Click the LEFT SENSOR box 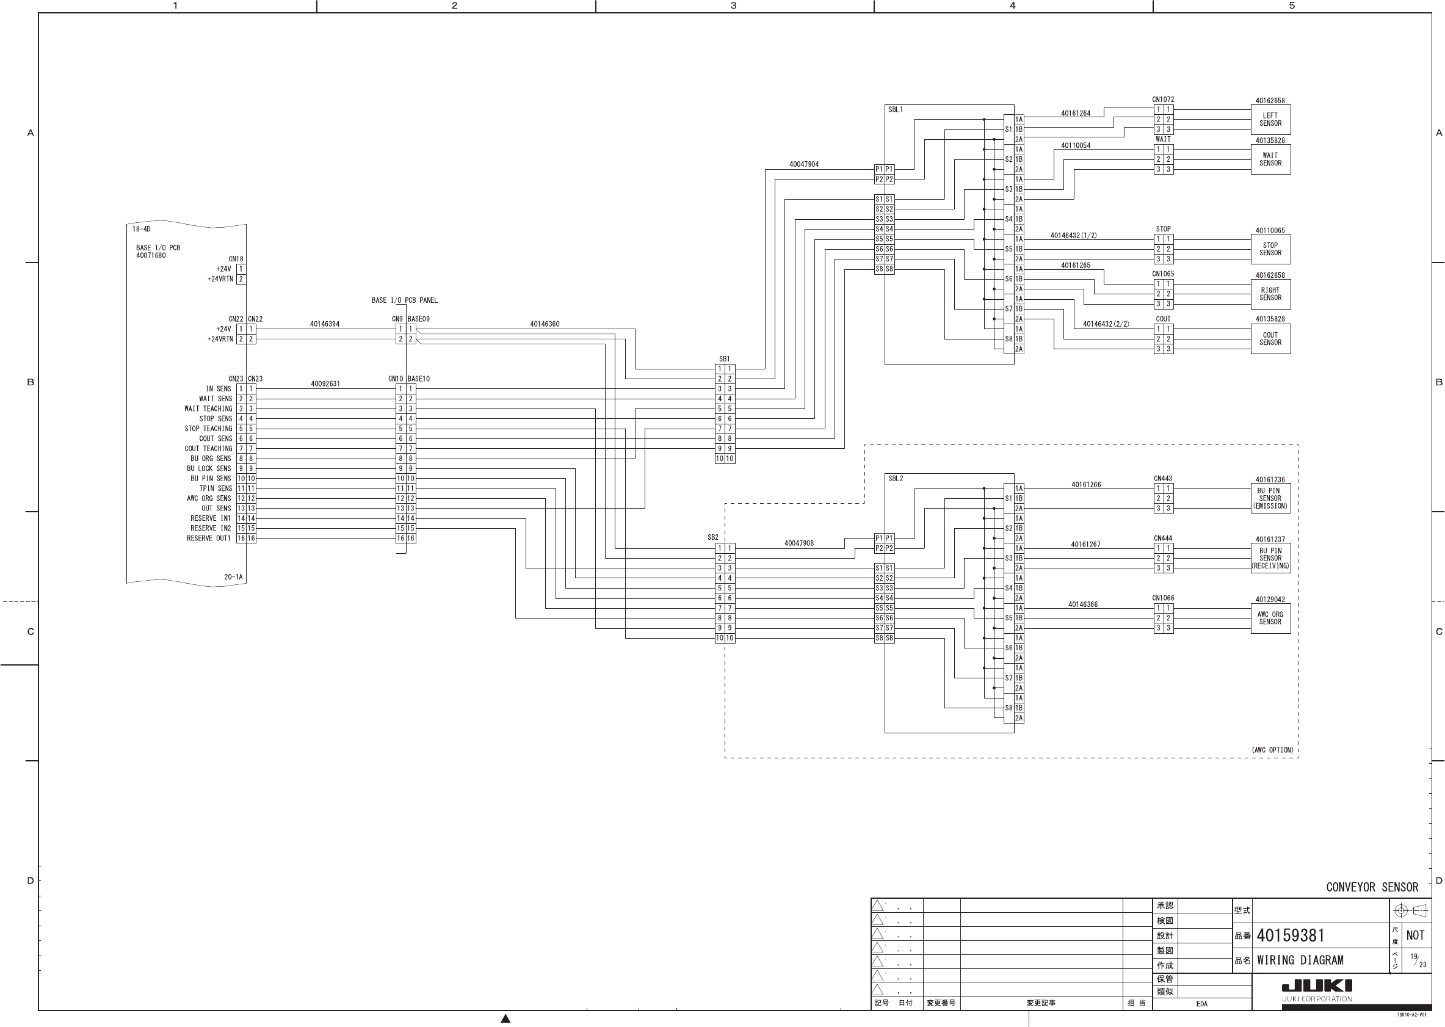click(x=1270, y=120)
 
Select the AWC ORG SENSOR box click(x=1270, y=618)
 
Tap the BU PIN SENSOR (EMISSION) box click(x=1270, y=498)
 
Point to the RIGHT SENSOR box click(x=1270, y=294)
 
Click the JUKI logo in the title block click(x=1317, y=986)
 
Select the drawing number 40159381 click(x=1290, y=935)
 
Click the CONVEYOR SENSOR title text click(x=1372, y=887)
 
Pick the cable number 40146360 click(x=545, y=324)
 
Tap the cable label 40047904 click(x=803, y=164)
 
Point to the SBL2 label click(x=895, y=479)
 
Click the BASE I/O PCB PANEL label click(x=405, y=300)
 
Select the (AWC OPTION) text click(x=1272, y=750)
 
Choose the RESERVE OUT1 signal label click(x=209, y=538)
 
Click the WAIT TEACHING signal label click(x=208, y=408)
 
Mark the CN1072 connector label click(x=1162, y=100)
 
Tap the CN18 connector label click(x=235, y=259)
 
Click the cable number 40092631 click(x=325, y=384)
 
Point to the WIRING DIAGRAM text click(x=1300, y=960)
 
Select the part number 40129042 click(x=1270, y=600)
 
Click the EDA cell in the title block click(x=1201, y=1004)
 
